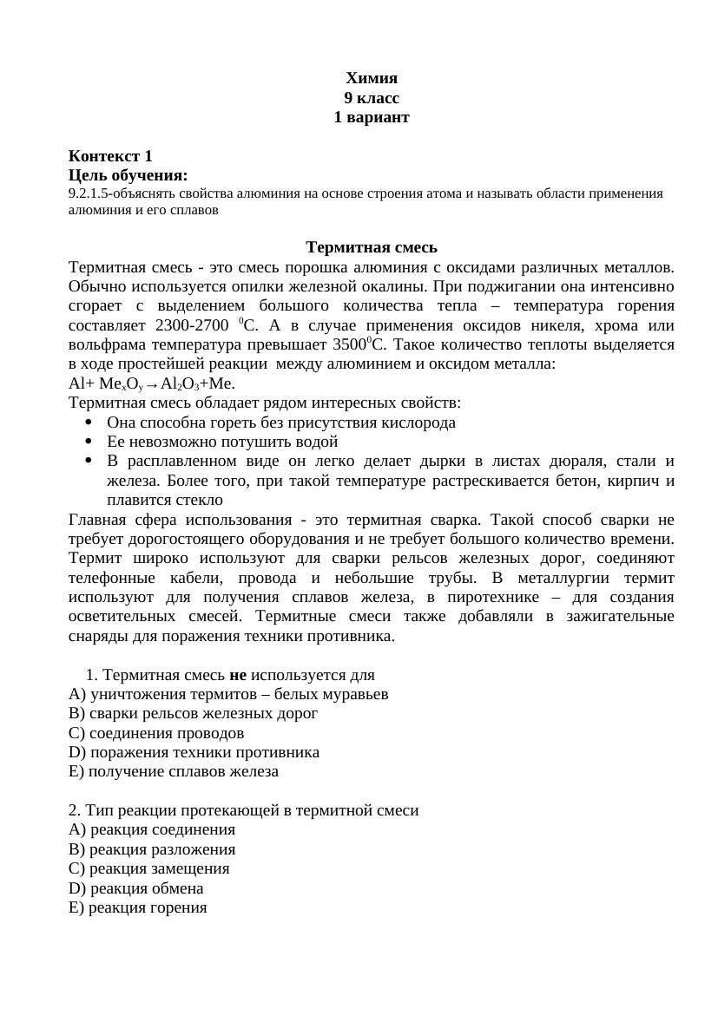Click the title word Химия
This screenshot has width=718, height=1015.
pos(371,78)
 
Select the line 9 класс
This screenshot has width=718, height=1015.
pos(371,98)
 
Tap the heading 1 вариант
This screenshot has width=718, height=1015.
pos(371,117)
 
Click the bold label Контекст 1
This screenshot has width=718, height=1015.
pos(110,156)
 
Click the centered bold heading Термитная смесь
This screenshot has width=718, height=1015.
pos(371,248)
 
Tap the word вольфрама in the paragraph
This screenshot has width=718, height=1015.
pos(103,344)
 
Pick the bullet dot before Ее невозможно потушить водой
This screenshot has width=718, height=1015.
pos(90,442)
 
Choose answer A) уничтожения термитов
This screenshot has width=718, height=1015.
pos(228,694)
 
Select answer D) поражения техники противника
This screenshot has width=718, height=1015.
pos(194,752)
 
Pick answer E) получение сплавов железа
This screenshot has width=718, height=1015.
pos(174,771)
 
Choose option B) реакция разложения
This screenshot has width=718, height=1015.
pos(152,849)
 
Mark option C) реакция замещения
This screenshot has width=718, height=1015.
pos(149,868)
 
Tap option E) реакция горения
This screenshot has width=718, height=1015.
pos(138,907)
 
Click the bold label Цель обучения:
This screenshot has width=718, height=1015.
pos(128,176)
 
